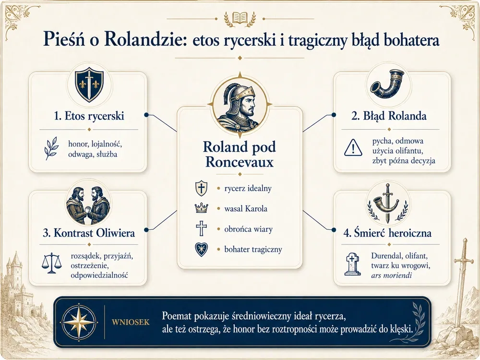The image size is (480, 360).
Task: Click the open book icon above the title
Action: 240,18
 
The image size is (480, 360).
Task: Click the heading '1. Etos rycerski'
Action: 89,116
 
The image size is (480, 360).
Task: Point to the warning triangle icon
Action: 353,148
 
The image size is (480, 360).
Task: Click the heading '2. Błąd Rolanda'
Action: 389,116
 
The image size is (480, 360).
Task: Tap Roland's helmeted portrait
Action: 240,105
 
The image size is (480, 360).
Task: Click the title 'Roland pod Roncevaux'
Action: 240,154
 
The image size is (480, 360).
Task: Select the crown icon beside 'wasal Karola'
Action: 201,208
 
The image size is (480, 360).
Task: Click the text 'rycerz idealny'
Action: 248,188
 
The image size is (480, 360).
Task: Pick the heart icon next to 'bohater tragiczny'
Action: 201,250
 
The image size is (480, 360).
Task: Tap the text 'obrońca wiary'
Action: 248,229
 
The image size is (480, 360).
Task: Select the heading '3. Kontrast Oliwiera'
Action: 89,233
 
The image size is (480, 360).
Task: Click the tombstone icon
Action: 352,264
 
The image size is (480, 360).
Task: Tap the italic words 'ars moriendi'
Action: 391,275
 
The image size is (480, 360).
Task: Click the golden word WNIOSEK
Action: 131,322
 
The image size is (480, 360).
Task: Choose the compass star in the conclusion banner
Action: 79,323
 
